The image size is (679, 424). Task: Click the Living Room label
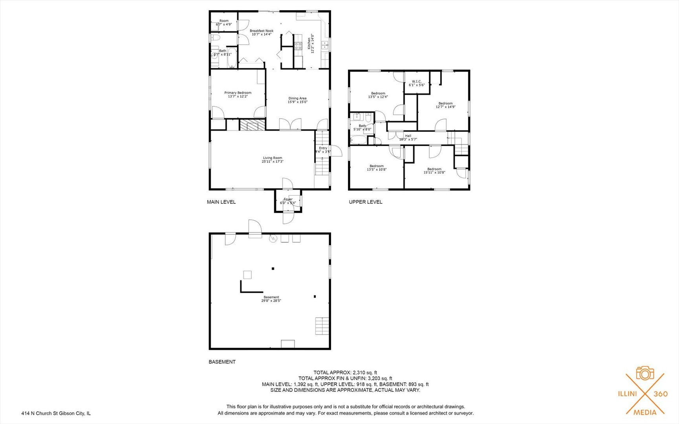click(273, 158)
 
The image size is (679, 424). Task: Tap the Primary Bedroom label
click(238, 93)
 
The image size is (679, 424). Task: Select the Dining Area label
click(297, 99)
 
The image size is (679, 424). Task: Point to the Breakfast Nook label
click(262, 31)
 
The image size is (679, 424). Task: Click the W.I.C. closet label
click(417, 82)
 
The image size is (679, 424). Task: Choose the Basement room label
click(271, 297)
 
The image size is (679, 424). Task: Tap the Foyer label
click(288, 199)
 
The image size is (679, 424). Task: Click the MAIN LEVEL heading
click(221, 202)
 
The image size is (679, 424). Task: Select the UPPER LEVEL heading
click(366, 202)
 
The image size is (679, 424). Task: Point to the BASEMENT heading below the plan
click(222, 362)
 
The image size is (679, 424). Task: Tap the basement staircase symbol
click(322, 326)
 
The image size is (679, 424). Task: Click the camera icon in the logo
click(645, 373)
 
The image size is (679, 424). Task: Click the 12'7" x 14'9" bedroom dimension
click(446, 107)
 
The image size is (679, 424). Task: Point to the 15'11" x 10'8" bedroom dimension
click(434, 172)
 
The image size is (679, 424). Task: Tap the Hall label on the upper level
click(408, 136)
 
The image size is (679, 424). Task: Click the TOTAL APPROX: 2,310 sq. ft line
click(345, 373)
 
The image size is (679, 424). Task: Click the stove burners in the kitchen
click(298, 46)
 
